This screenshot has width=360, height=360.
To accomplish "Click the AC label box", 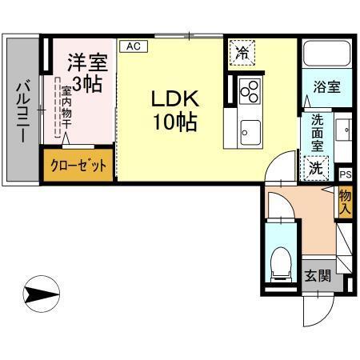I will coord(133,46).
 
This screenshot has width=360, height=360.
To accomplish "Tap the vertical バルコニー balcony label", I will coord(22,112).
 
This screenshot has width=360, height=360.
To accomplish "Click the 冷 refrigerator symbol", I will coord(241,54).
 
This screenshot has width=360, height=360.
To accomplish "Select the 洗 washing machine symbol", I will coord(317,169).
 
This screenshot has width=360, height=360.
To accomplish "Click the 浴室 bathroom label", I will coord(327,86).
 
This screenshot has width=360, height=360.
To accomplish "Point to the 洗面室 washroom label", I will coord(318,134).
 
